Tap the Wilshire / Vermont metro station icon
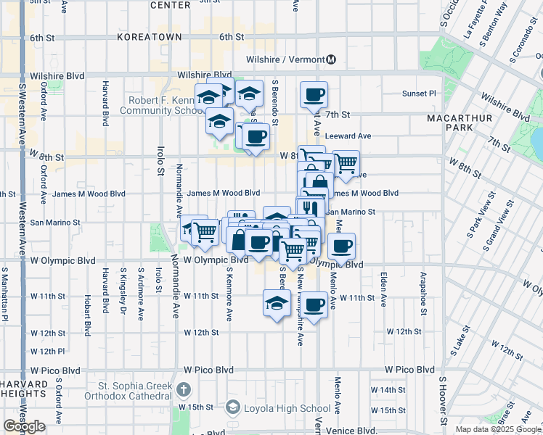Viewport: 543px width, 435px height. (x=331, y=59)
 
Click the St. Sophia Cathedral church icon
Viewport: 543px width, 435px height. (x=185, y=389)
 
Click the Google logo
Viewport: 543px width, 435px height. (x=24, y=426)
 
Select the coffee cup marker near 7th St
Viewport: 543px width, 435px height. (x=314, y=94)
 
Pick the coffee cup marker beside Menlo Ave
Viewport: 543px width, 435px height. (x=340, y=245)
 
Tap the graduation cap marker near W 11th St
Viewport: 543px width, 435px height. (x=276, y=303)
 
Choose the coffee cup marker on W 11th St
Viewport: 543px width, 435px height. (x=314, y=304)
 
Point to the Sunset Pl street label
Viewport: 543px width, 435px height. (x=419, y=94)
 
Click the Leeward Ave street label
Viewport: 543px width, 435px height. (x=348, y=136)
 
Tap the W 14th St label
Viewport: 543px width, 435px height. (x=388, y=390)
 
